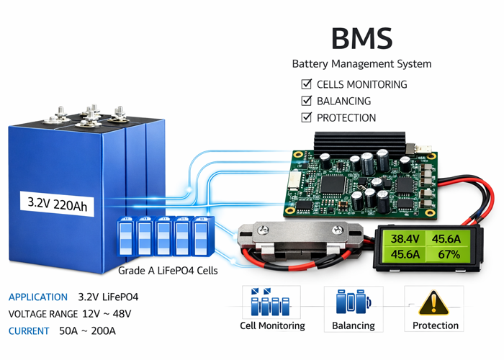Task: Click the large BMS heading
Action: coord(361,38)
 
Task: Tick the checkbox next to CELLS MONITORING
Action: coord(306,84)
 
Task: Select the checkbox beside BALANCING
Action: coord(306,102)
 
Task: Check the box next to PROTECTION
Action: coord(306,117)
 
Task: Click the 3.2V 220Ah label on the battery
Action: coord(57,205)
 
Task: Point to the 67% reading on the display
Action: coord(449,254)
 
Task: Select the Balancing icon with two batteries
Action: coord(353,302)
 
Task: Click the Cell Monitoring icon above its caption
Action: coord(272,302)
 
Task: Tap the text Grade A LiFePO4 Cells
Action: coord(167,271)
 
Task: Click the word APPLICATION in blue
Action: coord(37,297)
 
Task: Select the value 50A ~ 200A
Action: coord(87,331)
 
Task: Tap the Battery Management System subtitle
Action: coord(361,63)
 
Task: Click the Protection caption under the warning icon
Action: coord(435,325)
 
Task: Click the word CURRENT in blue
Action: coord(29,331)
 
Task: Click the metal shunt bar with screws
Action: coord(299,235)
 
